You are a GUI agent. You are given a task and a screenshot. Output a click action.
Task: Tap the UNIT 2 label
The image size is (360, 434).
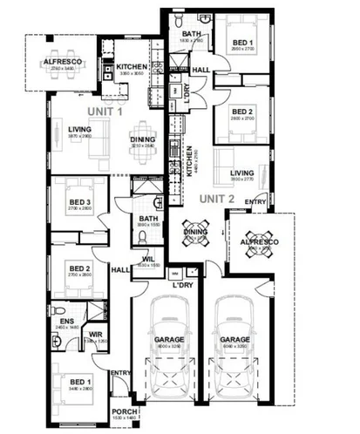(x=219, y=198)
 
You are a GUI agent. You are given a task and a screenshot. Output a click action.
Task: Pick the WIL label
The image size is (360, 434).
(x=147, y=258)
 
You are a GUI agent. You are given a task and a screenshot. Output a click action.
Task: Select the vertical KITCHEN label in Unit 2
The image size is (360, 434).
(x=191, y=162)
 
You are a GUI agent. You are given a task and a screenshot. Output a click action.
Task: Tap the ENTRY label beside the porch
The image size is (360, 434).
(x=119, y=374)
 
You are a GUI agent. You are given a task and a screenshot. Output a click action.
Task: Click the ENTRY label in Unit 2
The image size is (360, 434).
(x=255, y=202)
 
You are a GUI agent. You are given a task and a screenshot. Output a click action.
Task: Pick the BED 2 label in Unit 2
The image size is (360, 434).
(x=241, y=111)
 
